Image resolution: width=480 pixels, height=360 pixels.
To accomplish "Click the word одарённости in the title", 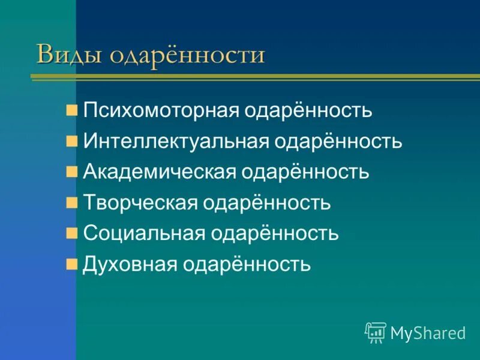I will [x=187, y=55].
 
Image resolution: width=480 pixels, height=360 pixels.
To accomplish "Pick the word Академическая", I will [x=159, y=173].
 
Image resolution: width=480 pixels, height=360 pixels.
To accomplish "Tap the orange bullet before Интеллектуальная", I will [x=72, y=142].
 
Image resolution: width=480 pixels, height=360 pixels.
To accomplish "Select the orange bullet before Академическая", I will [x=72, y=172].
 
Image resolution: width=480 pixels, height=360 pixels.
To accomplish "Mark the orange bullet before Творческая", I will [x=72, y=203].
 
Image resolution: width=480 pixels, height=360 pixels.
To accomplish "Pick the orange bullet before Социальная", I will [x=72, y=233].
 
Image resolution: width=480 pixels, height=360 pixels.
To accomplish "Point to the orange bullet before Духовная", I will [x=72, y=263].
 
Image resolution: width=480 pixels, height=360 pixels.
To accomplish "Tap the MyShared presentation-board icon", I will [x=376, y=332].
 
